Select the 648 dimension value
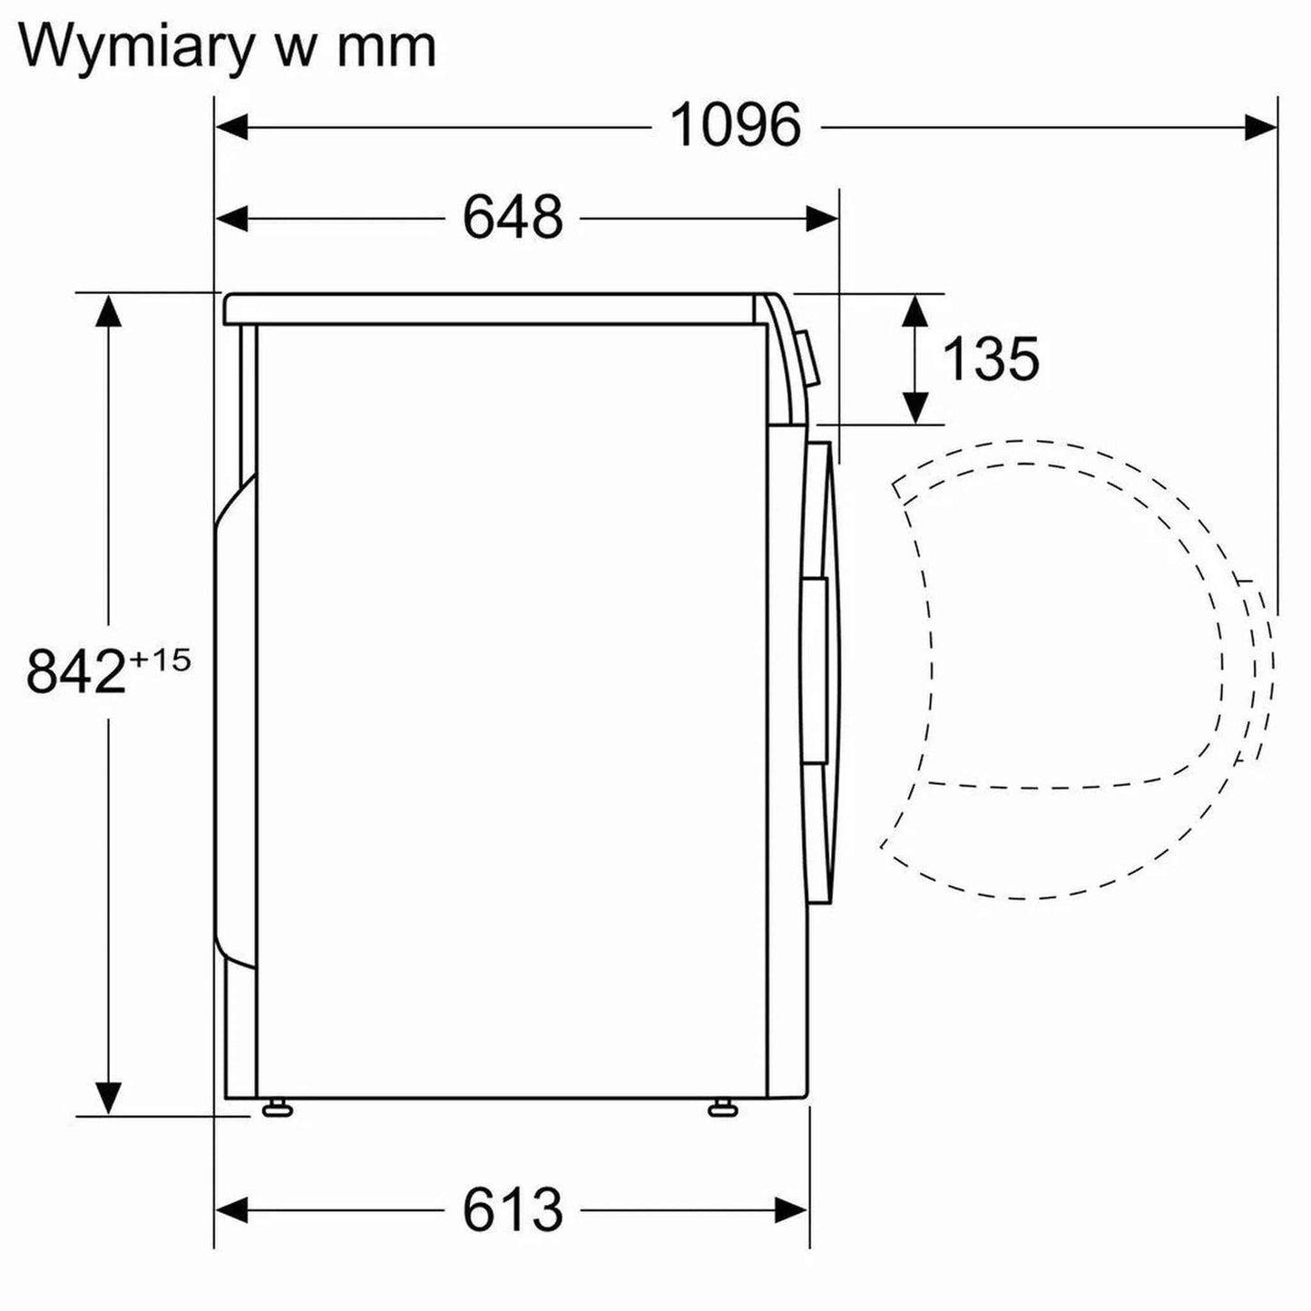(513, 218)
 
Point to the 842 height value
(75, 673)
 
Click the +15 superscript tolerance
(160, 659)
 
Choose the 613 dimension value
(513, 1209)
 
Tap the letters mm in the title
(386, 47)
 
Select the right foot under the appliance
(721, 1107)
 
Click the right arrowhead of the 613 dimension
(791, 1209)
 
